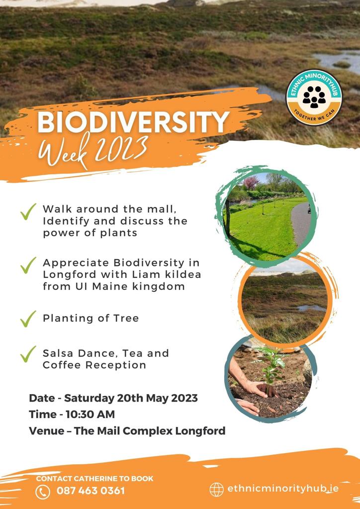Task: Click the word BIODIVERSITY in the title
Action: pyautogui.click(x=133, y=122)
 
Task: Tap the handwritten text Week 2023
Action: pyautogui.click(x=93, y=151)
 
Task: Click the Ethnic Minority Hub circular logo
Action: pyautogui.click(x=314, y=97)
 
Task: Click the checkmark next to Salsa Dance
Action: pyautogui.click(x=28, y=354)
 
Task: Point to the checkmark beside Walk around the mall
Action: pyautogui.click(x=28, y=212)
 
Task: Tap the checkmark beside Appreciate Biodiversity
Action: pyautogui.click(x=28, y=265)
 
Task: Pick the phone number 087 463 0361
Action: pyautogui.click(x=90, y=491)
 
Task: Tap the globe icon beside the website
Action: pyautogui.click(x=216, y=489)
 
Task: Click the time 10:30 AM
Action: pyautogui.click(x=90, y=414)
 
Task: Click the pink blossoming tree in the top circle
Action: pyautogui.click(x=251, y=183)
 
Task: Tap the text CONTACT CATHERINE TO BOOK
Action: pyautogui.click(x=94, y=479)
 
